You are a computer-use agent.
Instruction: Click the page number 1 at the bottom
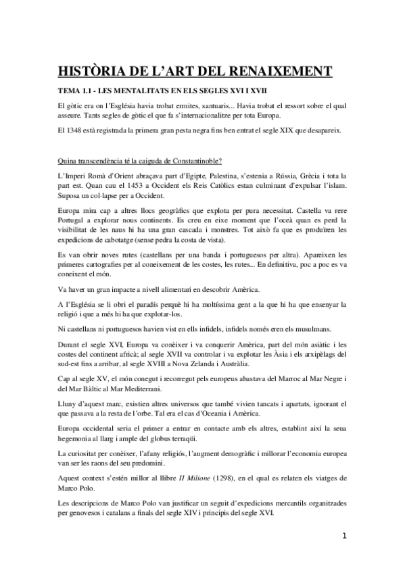pos(345,555)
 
